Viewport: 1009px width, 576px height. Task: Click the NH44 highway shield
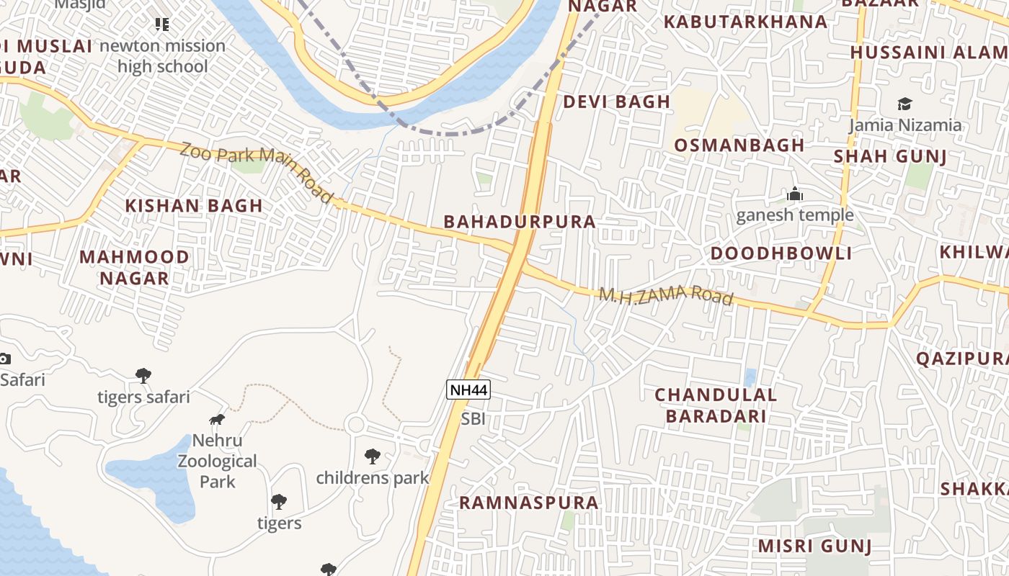pyautogui.click(x=468, y=390)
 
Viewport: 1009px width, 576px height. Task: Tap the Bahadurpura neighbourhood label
pyautogui.click(x=520, y=222)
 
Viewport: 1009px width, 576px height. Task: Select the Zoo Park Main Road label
pyautogui.click(x=257, y=172)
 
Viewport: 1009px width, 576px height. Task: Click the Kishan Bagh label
pyautogui.click(x=194, y=206)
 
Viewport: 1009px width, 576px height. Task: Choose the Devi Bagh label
pyautogui.click(x=617, y=102)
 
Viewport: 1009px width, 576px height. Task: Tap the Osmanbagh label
pyautogui.click(x=739, y=145)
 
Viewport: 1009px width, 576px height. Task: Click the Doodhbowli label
pyautogui.click(x=781, y=253)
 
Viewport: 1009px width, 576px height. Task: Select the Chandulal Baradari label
pyautogui.click(x=716, y=405)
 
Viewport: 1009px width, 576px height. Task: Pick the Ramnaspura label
pyautogui.click(x=529, y=503)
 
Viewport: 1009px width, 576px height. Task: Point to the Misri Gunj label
pyautogui.click(x=814, y=546)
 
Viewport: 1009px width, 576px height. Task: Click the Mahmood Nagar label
pyautogui.click(x=135, y=267)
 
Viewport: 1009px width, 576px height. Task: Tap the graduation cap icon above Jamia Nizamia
pyautogui.click(x=904, y=104)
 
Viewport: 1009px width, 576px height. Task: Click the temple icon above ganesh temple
pyautogui.click(x=795, y=194)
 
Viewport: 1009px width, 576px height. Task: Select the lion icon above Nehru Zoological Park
pyautogui.click(x=217, y=419)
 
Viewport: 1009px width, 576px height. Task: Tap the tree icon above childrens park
pyautogui.click(x=373, y=456)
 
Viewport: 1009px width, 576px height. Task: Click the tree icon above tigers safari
pyautogui.click(x=143, y=375)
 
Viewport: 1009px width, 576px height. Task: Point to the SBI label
pyautogui.click(x=474, y=419)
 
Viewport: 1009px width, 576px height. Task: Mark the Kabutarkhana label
pyautogui.click(x=745, y=22)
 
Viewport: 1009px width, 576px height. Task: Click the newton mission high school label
pyautogui.click(x=163, y=56)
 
